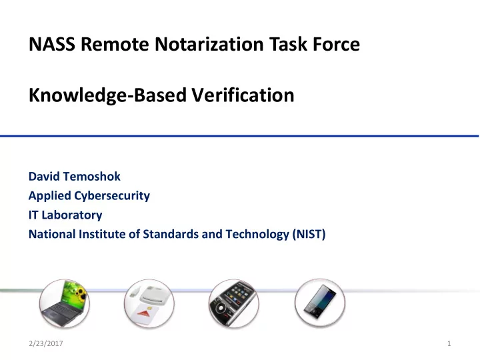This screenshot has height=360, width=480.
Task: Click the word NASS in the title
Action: coord(52,44)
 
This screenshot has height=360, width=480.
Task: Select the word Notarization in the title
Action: coord(209,44)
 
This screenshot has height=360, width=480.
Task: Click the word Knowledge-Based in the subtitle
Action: coord(107,95)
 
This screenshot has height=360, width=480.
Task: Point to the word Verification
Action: coord(243,95)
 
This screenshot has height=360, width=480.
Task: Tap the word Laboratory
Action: coord(72,215)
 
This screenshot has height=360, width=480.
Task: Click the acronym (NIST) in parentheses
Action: coord(309,234)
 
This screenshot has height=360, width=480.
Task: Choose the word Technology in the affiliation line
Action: coord(257,235)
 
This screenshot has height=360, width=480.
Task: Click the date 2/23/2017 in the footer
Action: coord(46,343)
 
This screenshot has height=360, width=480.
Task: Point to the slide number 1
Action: coord(449,343)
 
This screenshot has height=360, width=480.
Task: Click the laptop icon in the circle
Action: coord(65,303)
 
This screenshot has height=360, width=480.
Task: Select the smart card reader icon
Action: coord(149,303)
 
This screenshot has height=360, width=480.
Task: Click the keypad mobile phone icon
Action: coord(234,303)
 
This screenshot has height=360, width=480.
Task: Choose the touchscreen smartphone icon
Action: coord(319,303)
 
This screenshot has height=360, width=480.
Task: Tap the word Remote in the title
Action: coord(115,44)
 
